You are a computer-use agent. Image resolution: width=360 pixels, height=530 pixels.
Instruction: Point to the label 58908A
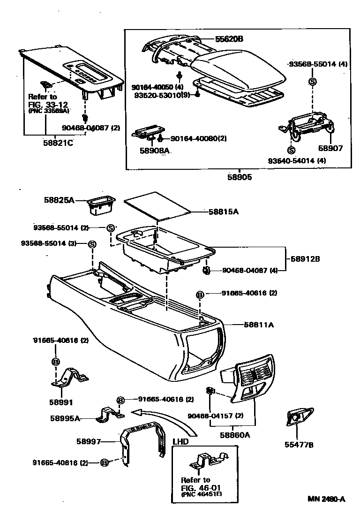154,151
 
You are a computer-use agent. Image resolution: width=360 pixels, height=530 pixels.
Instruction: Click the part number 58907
331,148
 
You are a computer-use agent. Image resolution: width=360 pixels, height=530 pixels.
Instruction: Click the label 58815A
224,212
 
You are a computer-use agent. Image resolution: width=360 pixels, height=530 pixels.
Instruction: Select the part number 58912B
305,258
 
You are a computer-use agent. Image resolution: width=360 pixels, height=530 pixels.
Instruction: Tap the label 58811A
258,324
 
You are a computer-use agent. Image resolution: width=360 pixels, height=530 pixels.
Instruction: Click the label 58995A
65,418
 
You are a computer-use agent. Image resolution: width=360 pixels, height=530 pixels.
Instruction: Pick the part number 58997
89,441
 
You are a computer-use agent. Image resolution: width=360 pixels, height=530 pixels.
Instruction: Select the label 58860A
235,435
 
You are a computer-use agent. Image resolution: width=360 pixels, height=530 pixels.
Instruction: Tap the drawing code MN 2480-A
326,499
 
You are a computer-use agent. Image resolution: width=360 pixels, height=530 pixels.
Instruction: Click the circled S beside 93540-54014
291,151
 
